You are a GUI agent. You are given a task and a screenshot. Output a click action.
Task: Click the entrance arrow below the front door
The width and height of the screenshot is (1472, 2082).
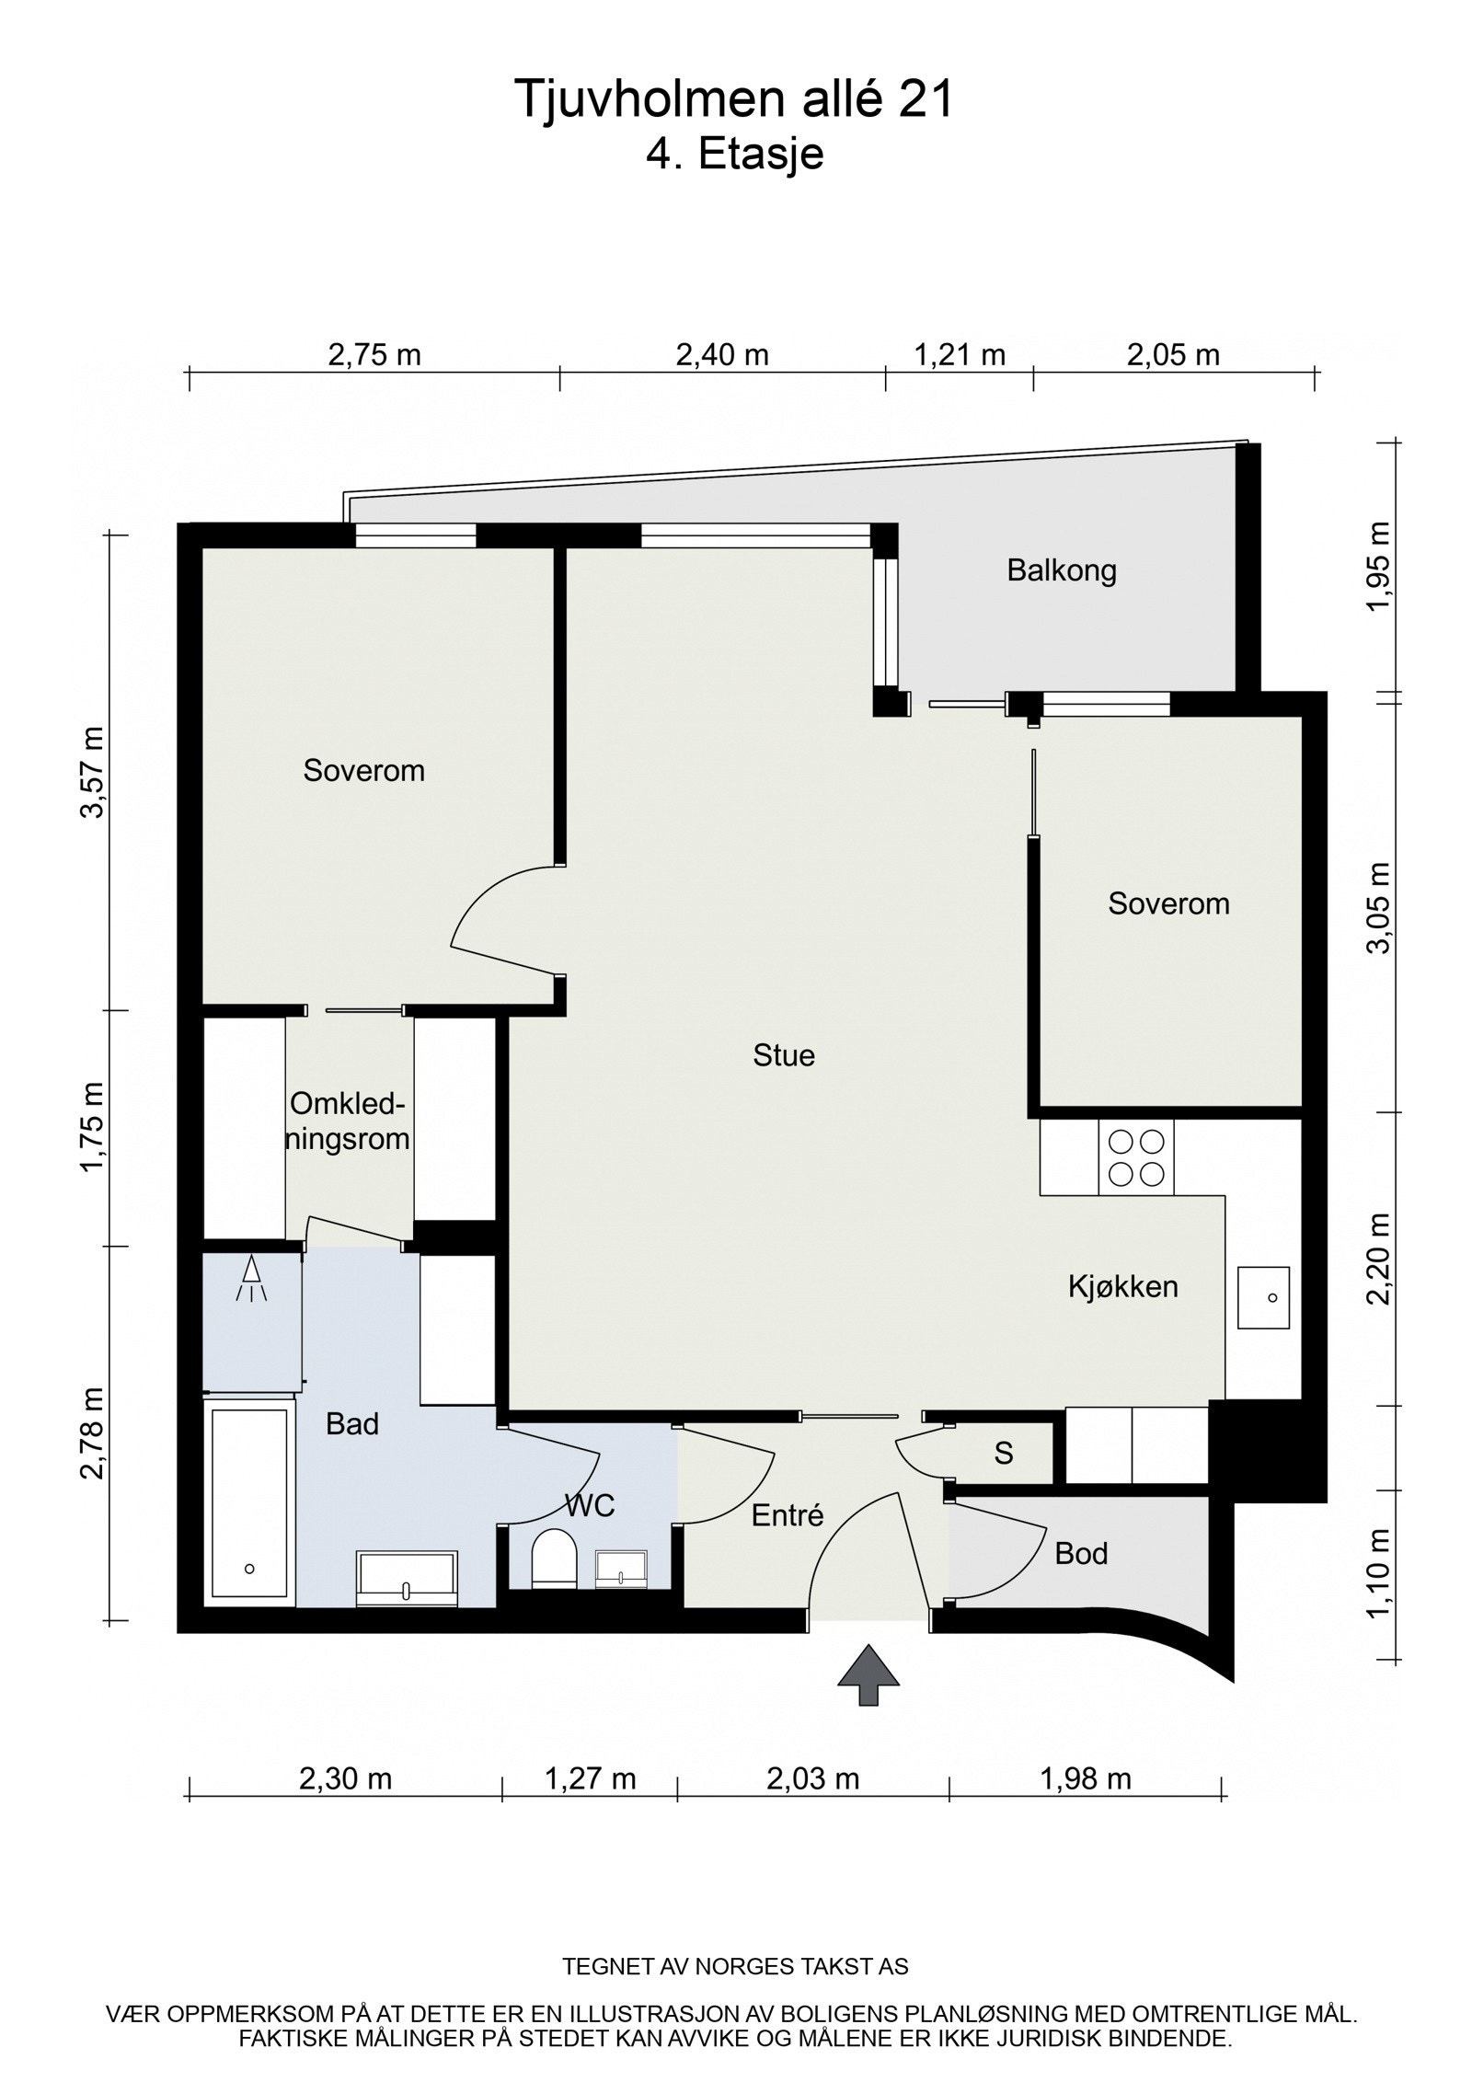pos(868,1678)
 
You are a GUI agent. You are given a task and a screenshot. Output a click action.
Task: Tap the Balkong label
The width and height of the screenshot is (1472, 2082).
pos(1061,570)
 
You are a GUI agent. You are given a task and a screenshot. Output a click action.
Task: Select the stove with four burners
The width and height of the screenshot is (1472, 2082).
pos(1135,1157)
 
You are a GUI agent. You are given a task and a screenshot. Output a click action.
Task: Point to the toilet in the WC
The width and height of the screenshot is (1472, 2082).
pos(554,1559)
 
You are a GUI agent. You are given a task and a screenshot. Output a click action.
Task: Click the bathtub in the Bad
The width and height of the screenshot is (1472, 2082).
pos(249,1505)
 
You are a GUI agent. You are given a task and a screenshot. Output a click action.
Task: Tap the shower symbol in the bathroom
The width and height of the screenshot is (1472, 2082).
pos(250,1280)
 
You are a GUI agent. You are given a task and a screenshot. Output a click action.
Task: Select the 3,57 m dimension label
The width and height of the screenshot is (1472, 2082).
pos(92,771)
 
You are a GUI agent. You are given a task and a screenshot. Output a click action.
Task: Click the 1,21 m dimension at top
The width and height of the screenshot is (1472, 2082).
pos(959,354)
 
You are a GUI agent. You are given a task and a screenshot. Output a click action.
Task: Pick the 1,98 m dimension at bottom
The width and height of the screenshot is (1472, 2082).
pos(1086,1778)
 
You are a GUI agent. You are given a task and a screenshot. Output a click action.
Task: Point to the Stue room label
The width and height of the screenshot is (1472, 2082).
pos(784,1055)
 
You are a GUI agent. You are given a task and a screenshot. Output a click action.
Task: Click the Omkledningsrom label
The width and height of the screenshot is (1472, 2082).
pos(349,1122)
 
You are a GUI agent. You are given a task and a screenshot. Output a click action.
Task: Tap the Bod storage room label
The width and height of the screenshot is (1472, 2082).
pos(1081,1554)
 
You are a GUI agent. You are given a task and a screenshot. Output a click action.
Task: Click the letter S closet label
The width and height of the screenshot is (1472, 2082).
pos(1004,1454)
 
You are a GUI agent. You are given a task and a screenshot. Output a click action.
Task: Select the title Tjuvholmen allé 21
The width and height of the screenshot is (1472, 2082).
pos(734,99)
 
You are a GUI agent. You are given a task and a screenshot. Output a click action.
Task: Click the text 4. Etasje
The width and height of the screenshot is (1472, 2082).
pos(734,154)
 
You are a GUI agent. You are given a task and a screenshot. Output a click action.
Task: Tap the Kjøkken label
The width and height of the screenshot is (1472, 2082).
pos(1122,1286)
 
